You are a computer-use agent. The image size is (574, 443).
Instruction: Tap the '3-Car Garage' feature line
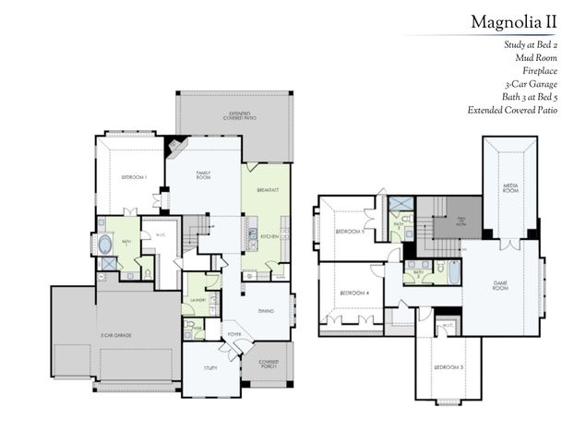[539, 83]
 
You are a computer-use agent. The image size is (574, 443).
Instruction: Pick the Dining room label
[267, 310]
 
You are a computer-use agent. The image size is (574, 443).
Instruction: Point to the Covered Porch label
[269, 364]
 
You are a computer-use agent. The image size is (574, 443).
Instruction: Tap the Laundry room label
[197, 300]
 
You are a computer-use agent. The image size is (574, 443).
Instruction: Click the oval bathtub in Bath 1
[106, 246]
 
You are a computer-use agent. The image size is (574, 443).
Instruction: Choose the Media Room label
[509, 186]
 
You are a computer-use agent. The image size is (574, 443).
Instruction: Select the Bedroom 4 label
[354, 293]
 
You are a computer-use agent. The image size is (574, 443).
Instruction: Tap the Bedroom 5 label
[349, 231]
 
